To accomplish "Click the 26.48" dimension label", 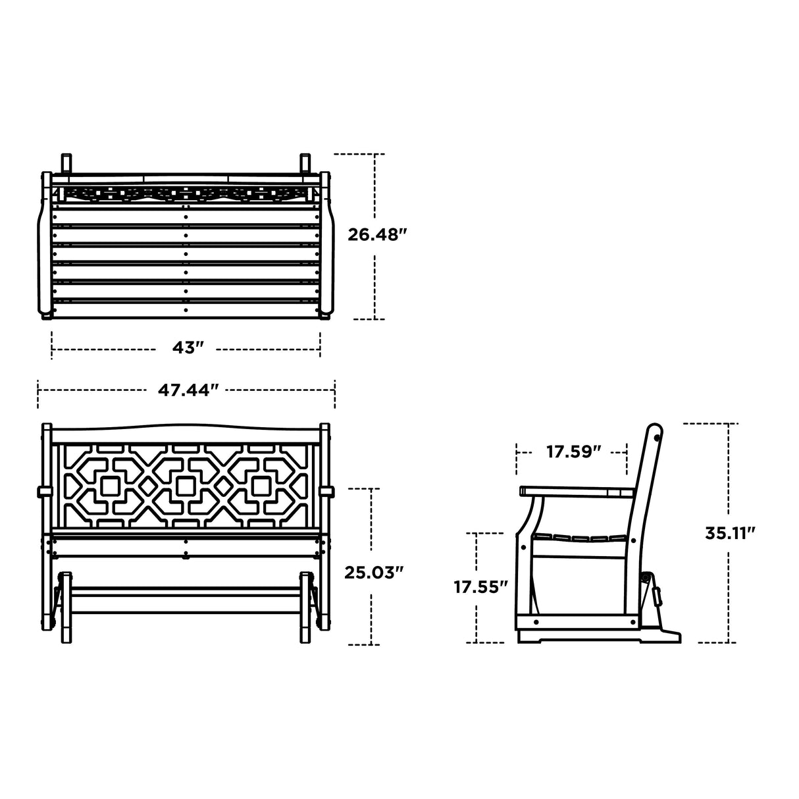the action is click(377, 235).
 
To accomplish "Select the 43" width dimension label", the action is click(187, 348).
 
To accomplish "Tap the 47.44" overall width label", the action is click(188, 390).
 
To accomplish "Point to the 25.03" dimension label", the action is click(374, 573).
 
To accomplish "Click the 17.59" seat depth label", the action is click(573, 451).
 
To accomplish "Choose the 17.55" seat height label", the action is click(480, 587).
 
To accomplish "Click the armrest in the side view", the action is click(577, 492).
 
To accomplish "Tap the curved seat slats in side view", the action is click(580, 538).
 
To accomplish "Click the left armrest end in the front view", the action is click(45, 492).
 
